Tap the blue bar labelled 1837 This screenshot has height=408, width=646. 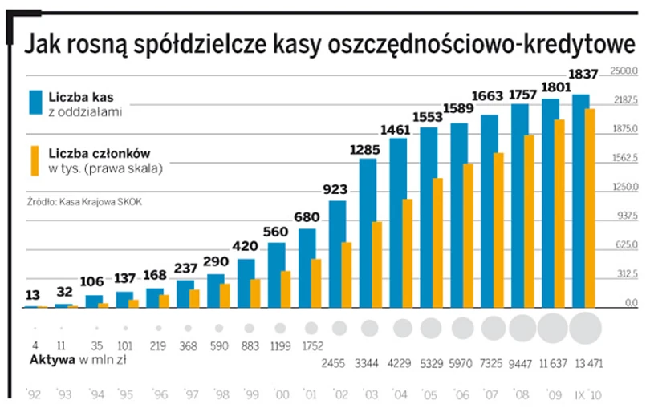pyautogui.click(x=581, y=200)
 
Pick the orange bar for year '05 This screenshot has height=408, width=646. pyautogui.click(x=437, y=243)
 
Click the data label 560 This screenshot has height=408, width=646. pyautogui.click(x=275, y=232)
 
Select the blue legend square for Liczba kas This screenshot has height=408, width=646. pyautogui.click(x=35, y=102)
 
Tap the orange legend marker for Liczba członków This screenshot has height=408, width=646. pyautogui.click(x=35, y=160)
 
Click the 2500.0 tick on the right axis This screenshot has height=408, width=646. pyautogui.click(x=624, y=71)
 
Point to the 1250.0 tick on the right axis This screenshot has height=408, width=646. pyautogui.click(x=624, y=188)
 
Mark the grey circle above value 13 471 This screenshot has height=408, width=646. pyautogui.click(x=584, y=327)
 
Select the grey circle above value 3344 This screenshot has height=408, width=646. pyautogui.click(x=370, y=327)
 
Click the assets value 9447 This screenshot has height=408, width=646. pyautogui.click(x=522, y=362)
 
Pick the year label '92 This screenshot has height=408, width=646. pyautogui.click(x=34, y=395)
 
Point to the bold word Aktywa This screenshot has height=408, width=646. pyautogui.click(x=51, y=361)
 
